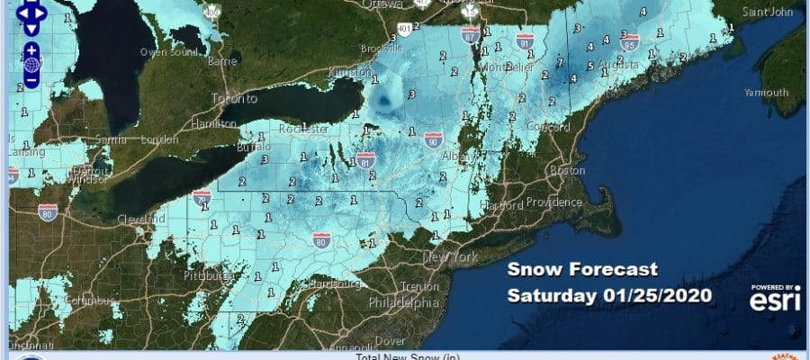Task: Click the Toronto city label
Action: coord(234,98)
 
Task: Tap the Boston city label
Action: coord(561,170)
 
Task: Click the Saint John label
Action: coord(768,13)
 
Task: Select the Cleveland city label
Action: coord(140,219)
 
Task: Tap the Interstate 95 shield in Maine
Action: coord(628,40)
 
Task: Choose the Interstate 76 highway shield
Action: coord(202,194)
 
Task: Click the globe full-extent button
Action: coord(31,65)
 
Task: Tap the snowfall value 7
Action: coord(560,62)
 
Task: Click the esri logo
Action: coord(775,297)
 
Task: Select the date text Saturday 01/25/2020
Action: coord(609,295)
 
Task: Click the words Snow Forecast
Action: coord(581,269)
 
